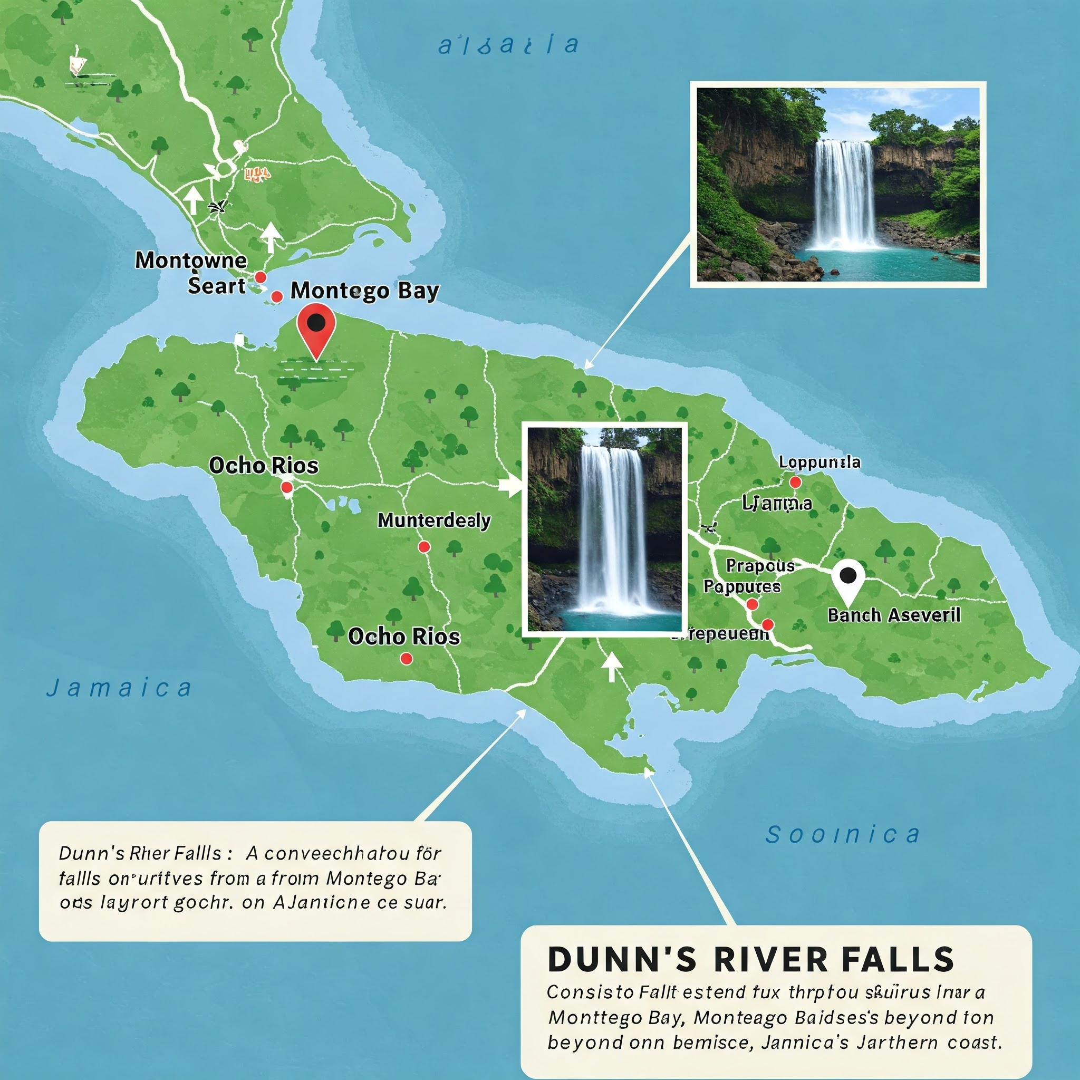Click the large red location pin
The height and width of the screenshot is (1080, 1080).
point(316,327)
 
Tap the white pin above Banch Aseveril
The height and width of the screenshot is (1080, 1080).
point(848,579)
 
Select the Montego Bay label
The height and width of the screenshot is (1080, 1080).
point(364,291)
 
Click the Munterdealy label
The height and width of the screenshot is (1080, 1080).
point(434,520)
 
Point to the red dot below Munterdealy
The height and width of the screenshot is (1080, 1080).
point(425,547)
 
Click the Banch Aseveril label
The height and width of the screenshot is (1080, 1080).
point(894,615)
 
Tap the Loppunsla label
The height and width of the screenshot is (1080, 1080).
point(819,462)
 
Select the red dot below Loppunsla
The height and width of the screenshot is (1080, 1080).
point(795,482)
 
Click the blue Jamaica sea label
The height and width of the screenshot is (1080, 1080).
point(119,688)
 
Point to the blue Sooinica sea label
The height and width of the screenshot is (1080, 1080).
point(842,835)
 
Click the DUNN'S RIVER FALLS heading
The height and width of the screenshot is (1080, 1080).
point(751,959)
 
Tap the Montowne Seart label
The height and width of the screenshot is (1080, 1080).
point(191,272)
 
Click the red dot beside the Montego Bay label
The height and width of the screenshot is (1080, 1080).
point(277,296)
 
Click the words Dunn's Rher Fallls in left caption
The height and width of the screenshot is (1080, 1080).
point(140,854)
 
